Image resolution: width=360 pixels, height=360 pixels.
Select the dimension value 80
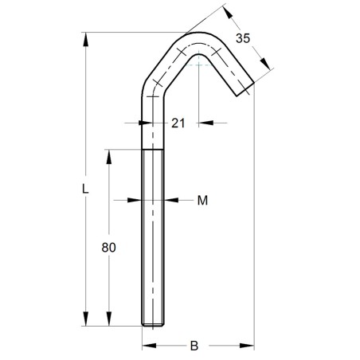pos(109,248)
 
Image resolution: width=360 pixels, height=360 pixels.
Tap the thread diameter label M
pos(202,200)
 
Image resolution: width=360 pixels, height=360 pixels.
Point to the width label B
pos(194,346)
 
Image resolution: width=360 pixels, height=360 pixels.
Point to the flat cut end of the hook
pos(245,89)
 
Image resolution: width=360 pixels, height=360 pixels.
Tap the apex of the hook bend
pos(200,35)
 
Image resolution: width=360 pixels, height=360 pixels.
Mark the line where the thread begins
pos(154,150)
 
